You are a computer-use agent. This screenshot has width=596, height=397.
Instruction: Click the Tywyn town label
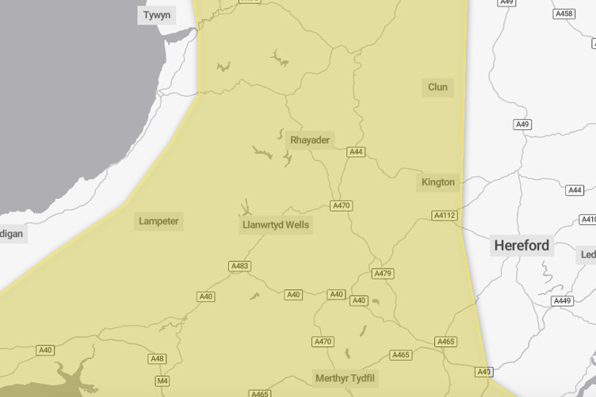click(157, 15)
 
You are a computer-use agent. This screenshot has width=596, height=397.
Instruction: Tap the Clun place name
click(437, 87)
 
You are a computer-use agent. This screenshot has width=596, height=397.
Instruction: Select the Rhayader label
click(310, 140)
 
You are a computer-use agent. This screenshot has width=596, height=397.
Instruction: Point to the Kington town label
click(438, 182)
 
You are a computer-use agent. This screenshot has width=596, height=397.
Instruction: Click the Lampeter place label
click(159, 221)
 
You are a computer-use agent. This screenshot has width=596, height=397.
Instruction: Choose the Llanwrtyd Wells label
click(276, 225)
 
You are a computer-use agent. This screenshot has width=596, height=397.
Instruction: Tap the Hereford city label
click(521, 246)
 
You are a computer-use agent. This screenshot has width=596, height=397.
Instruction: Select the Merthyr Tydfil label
click(345, 378)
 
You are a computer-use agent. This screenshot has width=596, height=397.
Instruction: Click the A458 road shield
click(564, 14)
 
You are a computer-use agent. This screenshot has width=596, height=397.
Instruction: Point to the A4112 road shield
click(445, 216)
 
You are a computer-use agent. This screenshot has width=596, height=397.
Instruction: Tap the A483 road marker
click(239, 266)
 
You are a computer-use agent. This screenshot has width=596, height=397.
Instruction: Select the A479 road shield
click(383, 273)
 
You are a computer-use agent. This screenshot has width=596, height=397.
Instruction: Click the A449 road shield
click(562, 301)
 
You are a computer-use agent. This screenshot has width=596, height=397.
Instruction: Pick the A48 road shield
click(158, 359)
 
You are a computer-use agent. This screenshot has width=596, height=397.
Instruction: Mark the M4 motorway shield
click(162, 381)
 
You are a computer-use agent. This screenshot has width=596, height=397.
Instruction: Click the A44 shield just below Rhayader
click(356, 152)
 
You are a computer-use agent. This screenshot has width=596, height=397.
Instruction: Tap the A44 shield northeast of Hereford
click(575, 190)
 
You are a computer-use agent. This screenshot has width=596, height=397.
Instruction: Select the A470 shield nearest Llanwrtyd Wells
click(342, 206)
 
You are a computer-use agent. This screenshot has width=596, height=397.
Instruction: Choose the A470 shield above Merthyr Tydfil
click(323, 342)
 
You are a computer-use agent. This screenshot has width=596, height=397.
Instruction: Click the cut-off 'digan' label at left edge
click(12, 234)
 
